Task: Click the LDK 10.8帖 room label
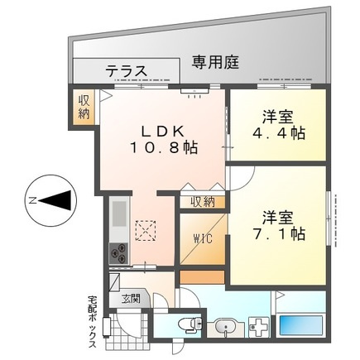coord(164,140)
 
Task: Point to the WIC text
coord(203,238)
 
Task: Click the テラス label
coord(127,71)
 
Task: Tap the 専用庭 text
coord(215,62)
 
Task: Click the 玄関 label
coord(132,299)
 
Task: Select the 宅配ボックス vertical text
coord(93,321)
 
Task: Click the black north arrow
coord(57,200)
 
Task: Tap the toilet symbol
coord(190,324)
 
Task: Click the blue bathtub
coord(301,326)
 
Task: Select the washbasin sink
coord(226,328)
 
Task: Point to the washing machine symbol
coord(258,328)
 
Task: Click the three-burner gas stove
coord(119,253)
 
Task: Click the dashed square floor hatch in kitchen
coord(146,231)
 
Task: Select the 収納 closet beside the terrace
coord(84,108)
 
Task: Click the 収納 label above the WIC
coord(203,203)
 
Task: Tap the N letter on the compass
coord(33,200)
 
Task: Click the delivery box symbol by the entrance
coord(107,327)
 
